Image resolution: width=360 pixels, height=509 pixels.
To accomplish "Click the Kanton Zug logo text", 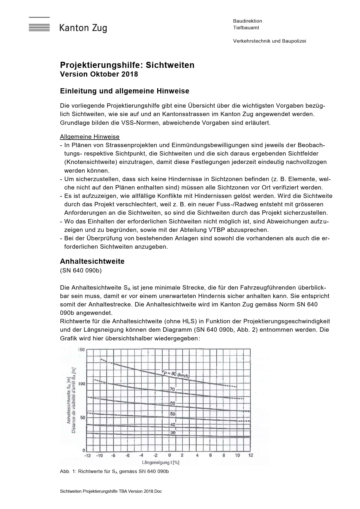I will pyautogui.click(x=83, y=28).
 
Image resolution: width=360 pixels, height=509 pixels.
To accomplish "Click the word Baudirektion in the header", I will pyautogui.click(x=247, y=21).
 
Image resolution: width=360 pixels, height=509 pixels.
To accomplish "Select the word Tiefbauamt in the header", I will pyautogui.click(x=246, y=28).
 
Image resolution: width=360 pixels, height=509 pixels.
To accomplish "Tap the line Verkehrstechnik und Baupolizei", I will pyautogui.click(x=269, y=41).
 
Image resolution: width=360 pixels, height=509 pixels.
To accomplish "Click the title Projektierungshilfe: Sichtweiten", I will pyautogui.click(x=127, y=65).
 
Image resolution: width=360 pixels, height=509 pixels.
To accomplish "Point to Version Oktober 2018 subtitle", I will pyautogui.click(x=99, y=74).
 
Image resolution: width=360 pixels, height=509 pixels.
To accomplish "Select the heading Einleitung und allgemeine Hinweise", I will pyautogui.click(x=125, y=91).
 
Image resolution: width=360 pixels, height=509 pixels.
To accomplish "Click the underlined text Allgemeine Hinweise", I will pyautogui.click(x=90, y=137).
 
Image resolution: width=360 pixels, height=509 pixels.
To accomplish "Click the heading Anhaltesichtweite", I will pyautogui.click(x=92, y=261).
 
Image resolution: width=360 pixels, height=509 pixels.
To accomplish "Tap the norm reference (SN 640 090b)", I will pyautogui.click(x=81, y=270).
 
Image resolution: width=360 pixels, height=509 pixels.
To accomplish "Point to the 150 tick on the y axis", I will pyautogui.click(x=81, y=349).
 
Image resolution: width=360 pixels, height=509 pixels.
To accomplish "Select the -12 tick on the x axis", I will pyautogui.click(x=87, y=455).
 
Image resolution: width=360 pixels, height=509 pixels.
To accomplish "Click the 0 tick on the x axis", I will pyautogui.click(x=170, y=455).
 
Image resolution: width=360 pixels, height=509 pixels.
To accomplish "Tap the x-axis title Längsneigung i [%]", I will pyautogui.click(x=160, y=462).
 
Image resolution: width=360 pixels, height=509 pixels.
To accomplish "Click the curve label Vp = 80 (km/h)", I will pyautogui.click(x=176, y=374).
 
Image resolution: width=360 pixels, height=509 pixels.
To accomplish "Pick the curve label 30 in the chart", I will pyautogui.click(x=173, y=432).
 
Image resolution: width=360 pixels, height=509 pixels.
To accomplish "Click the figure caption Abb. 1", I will pyautogui.click(x=114, y=471).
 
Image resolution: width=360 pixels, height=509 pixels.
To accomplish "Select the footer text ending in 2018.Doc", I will pyautogui.click(x=111, y=491).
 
